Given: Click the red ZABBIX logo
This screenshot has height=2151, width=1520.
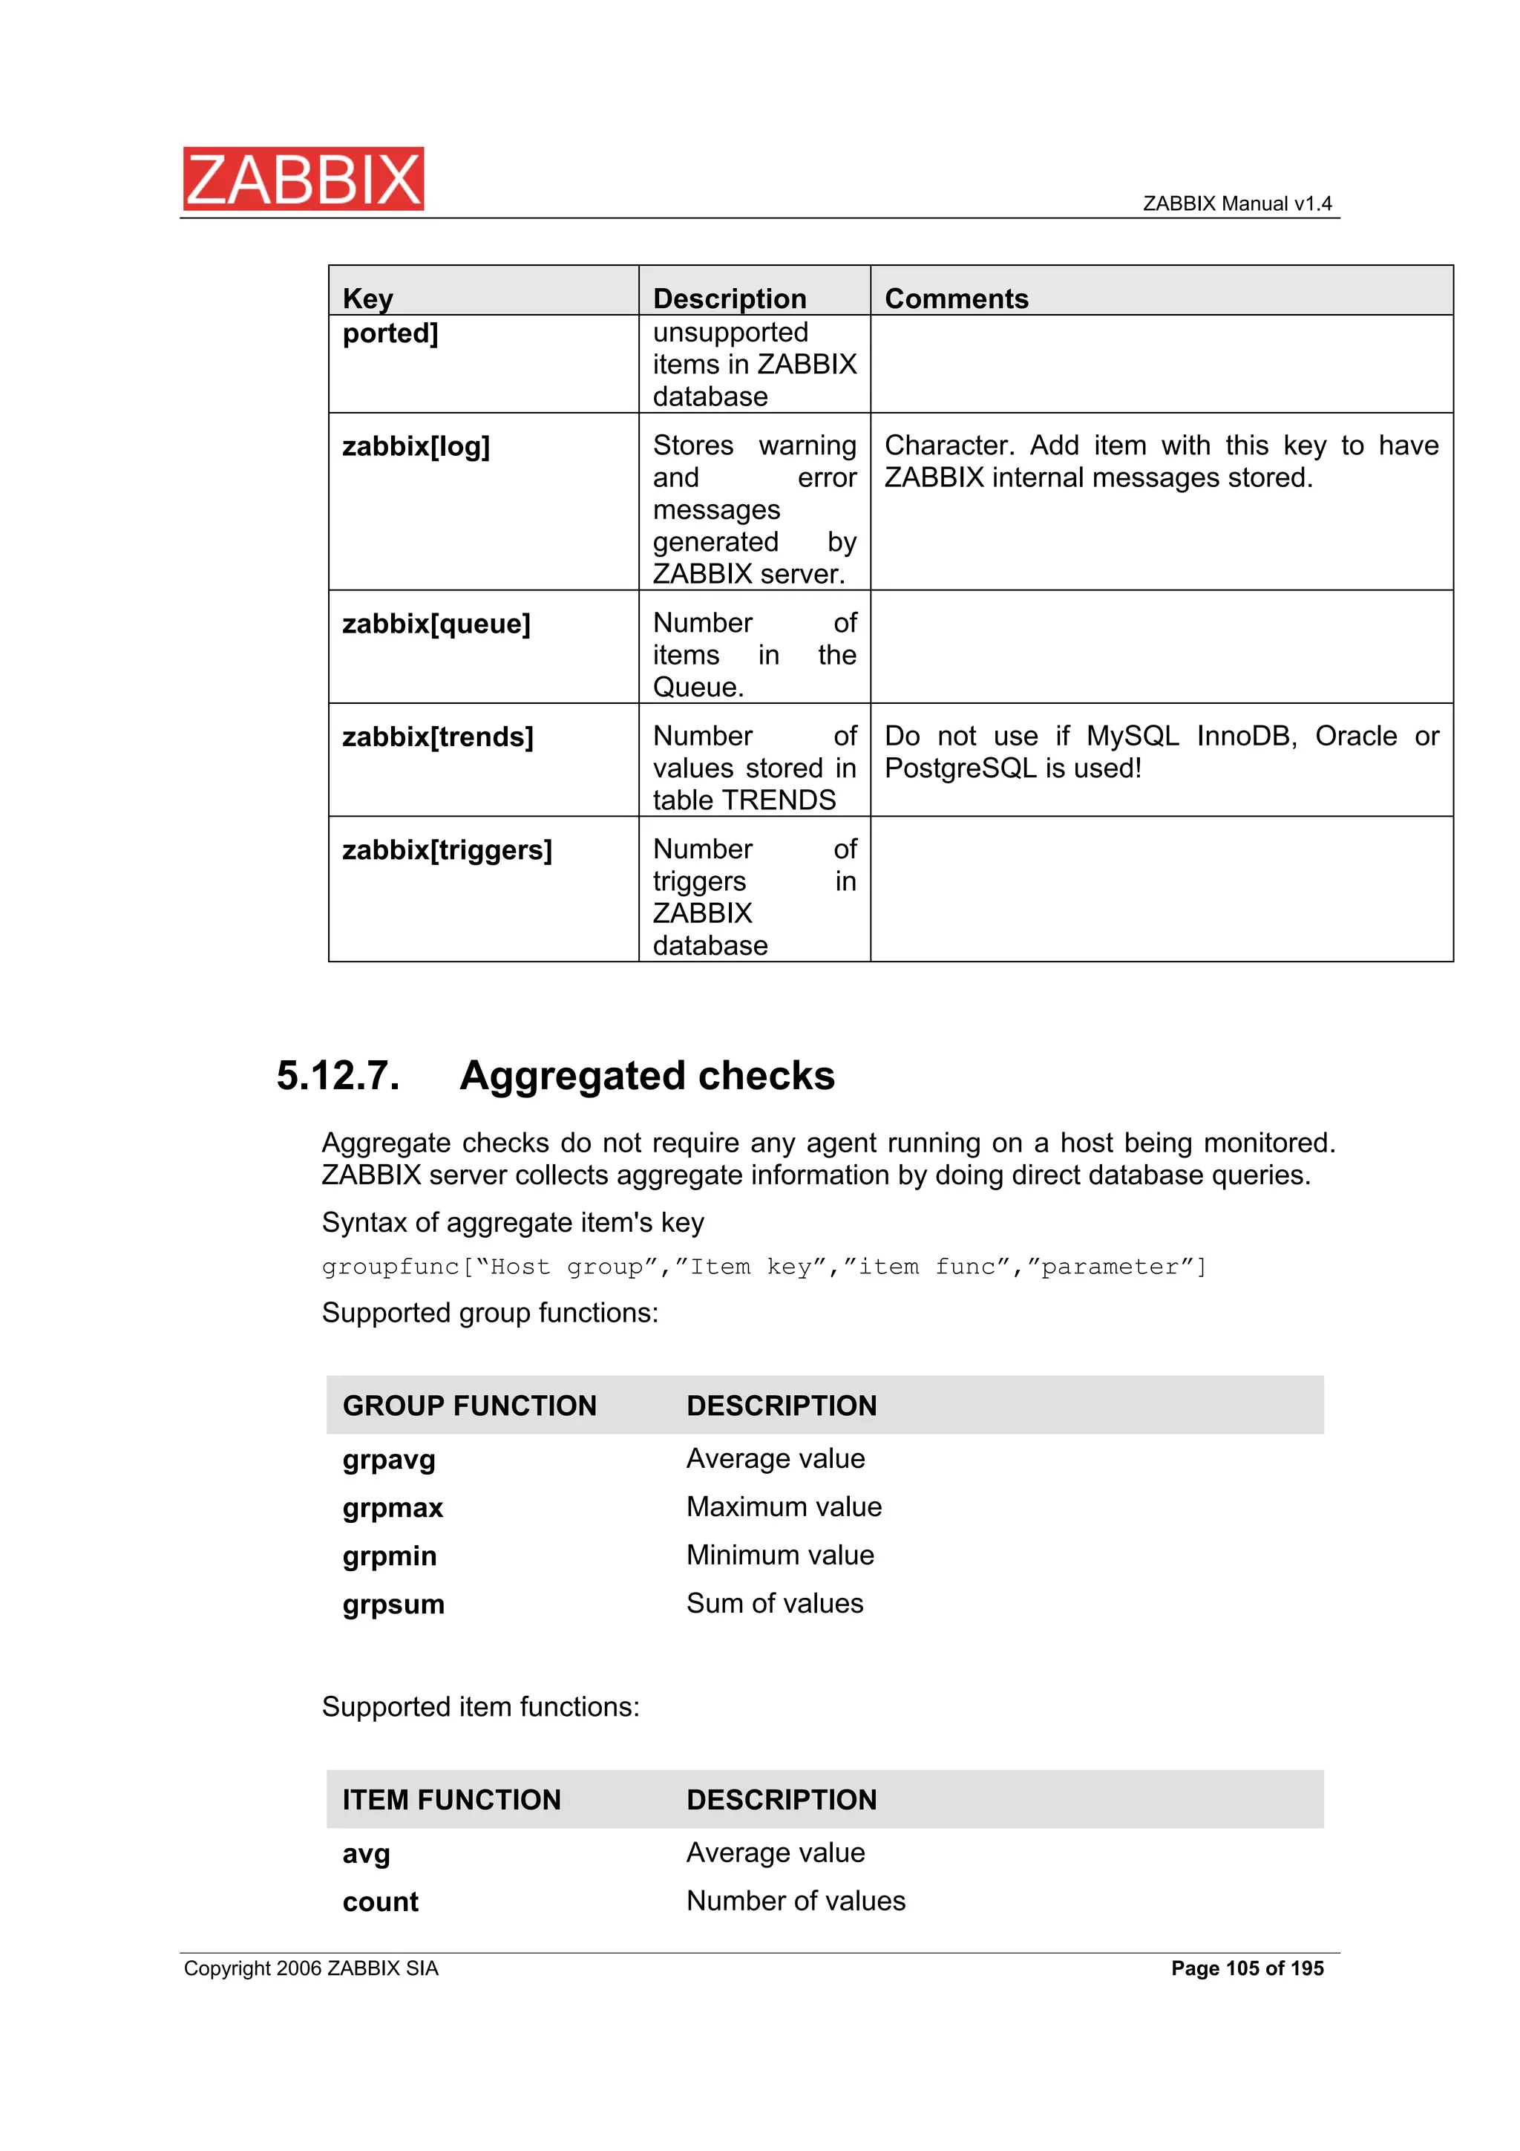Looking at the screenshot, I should click(304, 178).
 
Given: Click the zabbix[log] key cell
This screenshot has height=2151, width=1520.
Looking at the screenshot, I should click(416, 447).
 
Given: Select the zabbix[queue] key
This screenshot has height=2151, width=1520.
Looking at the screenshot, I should click(436, 624).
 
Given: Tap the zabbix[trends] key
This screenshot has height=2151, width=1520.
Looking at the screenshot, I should click(437, 737).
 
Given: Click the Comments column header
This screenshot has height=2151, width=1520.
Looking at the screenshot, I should click(956, 299).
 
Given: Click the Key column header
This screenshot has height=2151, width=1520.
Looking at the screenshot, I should click(367, 299).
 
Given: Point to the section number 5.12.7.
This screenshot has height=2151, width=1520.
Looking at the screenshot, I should click(338, 1075).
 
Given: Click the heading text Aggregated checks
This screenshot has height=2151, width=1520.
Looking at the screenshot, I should click(647, 1075).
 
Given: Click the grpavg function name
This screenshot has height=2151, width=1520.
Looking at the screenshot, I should click(389, 1460).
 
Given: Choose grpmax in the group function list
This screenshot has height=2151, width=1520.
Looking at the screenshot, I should click(393, 1508).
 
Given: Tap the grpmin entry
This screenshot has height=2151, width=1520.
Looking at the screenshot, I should click(390, 1556).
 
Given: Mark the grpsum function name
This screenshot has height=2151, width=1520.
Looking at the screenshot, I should click(393, 1605).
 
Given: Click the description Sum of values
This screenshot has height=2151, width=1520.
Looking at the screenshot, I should click(775, 1604).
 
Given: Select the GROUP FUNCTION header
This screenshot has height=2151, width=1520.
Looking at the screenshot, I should click(469, 1406).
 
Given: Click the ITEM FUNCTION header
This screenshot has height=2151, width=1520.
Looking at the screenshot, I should click(451, 1801).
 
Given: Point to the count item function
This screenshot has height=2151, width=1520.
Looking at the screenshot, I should click(380, 1903).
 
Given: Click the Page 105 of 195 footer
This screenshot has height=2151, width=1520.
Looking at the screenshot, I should click(1247, 1968).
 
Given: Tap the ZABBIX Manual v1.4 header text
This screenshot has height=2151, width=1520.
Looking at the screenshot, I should click(1236, 204).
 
